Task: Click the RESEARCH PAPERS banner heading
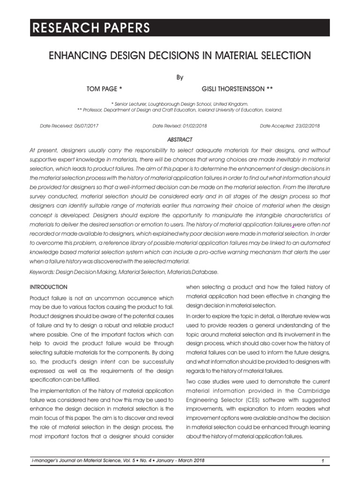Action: coord(90,28)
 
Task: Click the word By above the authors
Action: coord(180,78)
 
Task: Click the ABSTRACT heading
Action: coord(180,140)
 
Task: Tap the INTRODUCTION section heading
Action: coord(48,287)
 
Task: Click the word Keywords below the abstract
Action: coord(42,272)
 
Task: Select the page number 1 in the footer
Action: coord(323,462)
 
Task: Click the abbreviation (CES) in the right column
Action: coord(276,400)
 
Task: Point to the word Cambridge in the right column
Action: coord(313,390)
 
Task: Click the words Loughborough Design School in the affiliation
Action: coord(180,103)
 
